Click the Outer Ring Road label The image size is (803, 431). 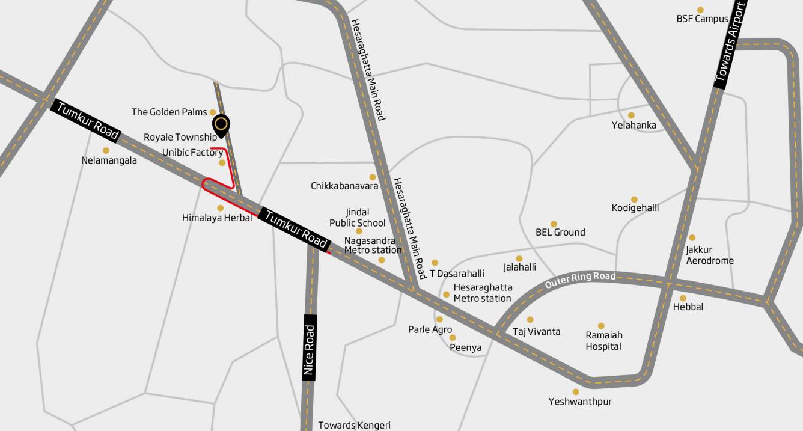pos(580,280)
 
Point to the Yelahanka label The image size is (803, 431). pos(634,126)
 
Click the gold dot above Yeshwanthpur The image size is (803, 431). pos(576,391)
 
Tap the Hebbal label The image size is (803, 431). pos(688,307)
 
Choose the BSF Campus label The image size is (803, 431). pos(702,19)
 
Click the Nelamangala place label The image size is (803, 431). pos(109,160)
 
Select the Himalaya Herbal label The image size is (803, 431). pos(217,218)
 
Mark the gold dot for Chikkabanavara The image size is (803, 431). pos(373,177)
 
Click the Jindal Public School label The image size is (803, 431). pos(358,218)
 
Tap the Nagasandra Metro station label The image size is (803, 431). pos(373,245)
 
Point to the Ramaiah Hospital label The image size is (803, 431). pos(604,341)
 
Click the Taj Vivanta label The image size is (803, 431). pos(536,332)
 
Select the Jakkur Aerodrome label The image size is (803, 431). pos(710,255)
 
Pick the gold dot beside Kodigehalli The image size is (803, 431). pos(634,199)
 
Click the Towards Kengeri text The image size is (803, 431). pos(354,425)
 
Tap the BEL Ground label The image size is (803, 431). pos(560,232)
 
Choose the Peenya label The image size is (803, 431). pos(466,347)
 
